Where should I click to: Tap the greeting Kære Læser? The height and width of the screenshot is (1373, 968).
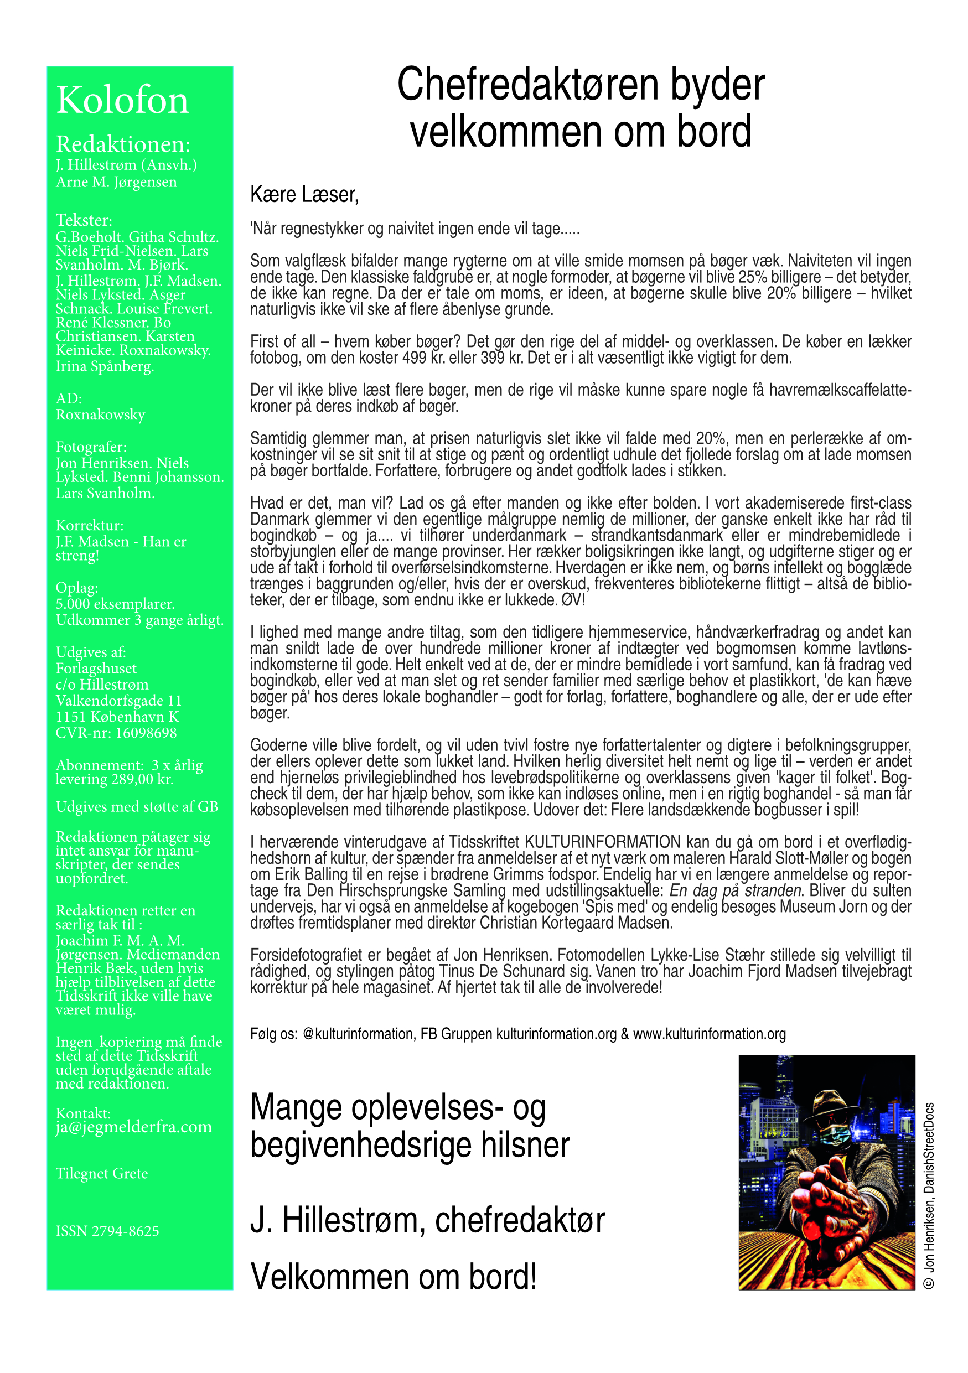304,194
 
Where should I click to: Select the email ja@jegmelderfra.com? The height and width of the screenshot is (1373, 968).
133,1127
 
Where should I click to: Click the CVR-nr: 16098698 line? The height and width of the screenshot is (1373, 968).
116,733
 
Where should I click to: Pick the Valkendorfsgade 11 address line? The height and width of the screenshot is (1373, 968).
118,700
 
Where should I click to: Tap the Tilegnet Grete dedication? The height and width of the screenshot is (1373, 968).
102,1173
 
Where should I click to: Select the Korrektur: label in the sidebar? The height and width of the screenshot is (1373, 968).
90,525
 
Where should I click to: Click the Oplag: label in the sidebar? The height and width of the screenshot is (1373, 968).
76,588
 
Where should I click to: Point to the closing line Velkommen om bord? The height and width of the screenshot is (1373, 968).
394,1277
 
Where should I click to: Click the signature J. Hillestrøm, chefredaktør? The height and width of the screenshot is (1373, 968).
427,1220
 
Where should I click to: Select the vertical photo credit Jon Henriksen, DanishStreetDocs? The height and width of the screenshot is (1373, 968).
929,1195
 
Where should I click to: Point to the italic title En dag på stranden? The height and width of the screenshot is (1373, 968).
736,890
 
